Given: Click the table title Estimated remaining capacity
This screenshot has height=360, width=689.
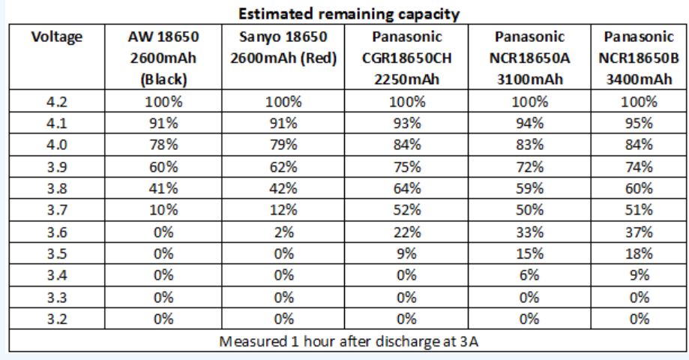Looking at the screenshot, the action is point(349,13).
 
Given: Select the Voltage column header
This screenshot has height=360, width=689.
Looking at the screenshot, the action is point(57,37).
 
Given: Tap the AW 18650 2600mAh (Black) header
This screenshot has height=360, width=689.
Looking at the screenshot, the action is point(163,58).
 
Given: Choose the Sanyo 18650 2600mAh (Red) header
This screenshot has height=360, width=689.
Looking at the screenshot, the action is point(283,47).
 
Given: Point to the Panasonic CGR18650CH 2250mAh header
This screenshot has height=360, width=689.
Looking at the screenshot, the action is point(407,58).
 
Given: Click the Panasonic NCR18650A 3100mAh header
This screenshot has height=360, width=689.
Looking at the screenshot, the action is point(529,58).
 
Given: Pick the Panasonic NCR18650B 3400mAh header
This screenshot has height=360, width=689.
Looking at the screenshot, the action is point(639,58).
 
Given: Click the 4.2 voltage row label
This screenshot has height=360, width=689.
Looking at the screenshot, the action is point(57,102).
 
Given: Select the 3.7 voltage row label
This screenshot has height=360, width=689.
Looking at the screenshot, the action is point(57,210).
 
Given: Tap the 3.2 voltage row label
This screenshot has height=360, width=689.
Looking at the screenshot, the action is point(57,319).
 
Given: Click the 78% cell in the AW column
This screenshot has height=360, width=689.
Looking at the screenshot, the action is point(163,145).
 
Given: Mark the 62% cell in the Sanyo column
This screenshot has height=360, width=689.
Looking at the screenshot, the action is point(283,166).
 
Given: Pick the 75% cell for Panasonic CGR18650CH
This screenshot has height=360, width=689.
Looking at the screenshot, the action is point(407,166).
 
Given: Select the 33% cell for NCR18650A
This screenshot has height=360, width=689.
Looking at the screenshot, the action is point(529,232).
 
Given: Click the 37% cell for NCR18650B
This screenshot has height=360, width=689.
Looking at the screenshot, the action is point(639,232).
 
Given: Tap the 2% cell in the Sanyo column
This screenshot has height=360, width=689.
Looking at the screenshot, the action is point(283,232).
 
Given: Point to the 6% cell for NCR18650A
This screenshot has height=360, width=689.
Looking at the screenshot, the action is point(529,275).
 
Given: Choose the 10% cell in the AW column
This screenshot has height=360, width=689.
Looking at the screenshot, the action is point(163,210).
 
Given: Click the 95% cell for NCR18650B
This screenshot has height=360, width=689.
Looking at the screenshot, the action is point(639,123).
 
